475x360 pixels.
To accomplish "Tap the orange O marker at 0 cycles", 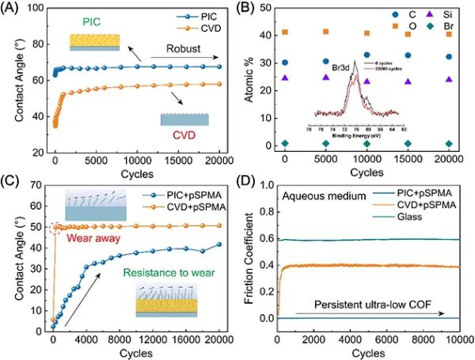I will [x=285, y=32].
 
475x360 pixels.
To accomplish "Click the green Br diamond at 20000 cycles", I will [x=449, y=143].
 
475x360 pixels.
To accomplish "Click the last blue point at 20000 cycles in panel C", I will [x=219, y=244].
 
